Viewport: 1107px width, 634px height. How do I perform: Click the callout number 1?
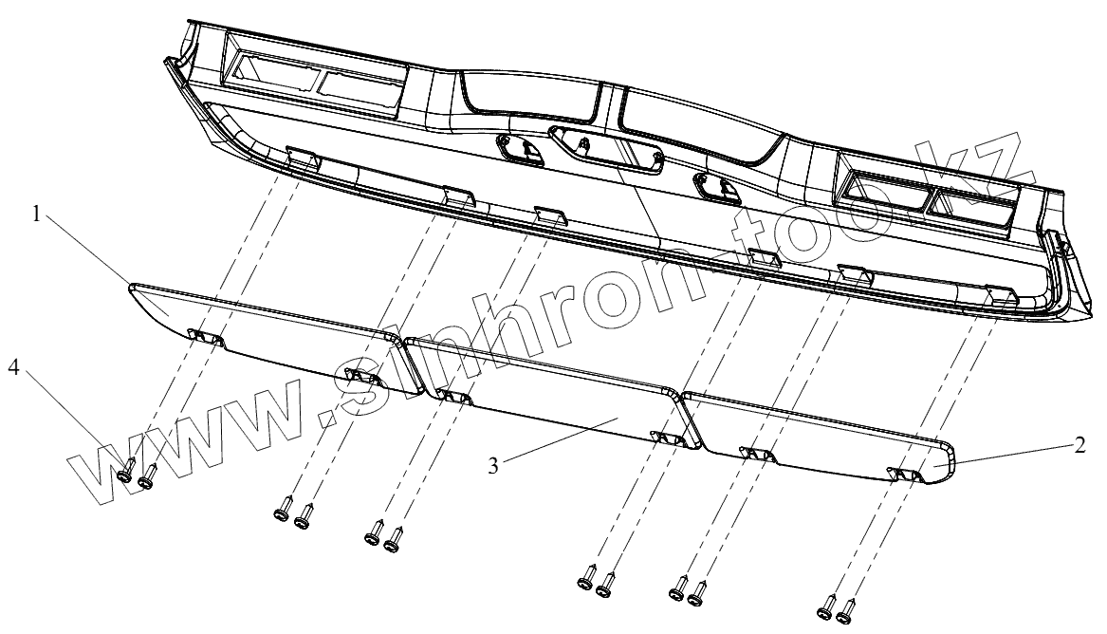(37, 214)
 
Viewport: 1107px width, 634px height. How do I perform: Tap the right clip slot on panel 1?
(364, 377)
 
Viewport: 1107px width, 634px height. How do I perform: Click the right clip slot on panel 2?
(905, 472)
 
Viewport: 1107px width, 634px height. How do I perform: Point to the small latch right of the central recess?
(716, 186)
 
